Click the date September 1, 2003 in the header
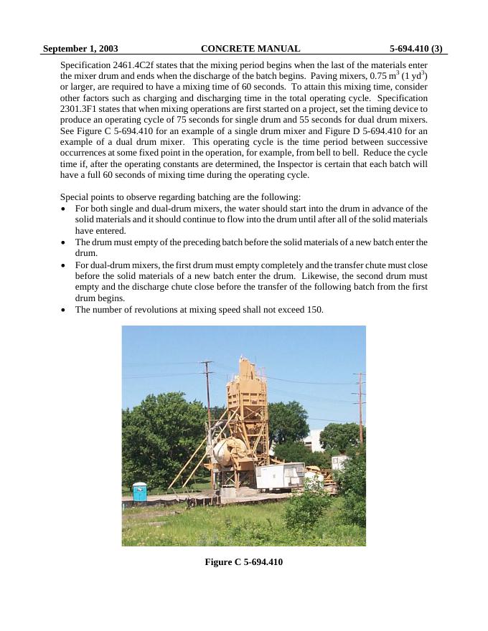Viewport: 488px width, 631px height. tap(80, 49)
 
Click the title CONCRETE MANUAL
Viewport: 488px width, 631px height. tap(250, 49)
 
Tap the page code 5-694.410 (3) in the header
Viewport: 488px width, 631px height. tap(416, 49)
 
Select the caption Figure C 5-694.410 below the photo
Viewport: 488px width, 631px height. tap(244, 562)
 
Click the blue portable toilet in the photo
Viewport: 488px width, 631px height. tap(139, 491)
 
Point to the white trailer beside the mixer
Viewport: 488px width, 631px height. tap(280, 475)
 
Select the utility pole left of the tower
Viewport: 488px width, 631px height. tap(207, 409)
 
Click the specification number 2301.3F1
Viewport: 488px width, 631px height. tap(83, 109)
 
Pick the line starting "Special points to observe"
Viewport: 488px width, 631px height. tap(180, 197)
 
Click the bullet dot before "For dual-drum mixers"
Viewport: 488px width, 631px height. tap(65, 265)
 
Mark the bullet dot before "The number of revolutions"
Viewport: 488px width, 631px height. tap(65, 310)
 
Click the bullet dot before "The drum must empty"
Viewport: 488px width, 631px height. tap(65, 242)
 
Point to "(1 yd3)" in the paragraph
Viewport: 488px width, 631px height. tap(412, 75)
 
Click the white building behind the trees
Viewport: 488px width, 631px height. tap(313, 439)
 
